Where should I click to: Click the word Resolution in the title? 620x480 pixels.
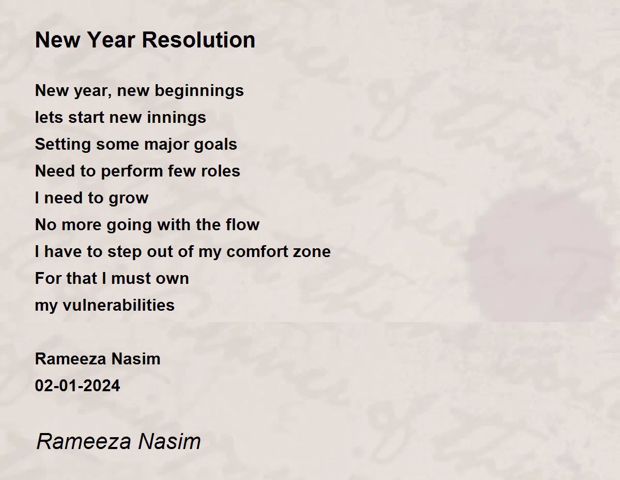tap(198, 40)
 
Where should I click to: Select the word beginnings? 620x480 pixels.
tap(199, 91)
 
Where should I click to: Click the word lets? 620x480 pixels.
tap(49, 117)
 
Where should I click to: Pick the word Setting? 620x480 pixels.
tap(63, 145)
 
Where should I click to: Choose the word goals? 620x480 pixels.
tap(215, 145)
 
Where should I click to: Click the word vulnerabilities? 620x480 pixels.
tap(118, 305)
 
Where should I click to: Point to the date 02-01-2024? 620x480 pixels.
tap(78, 386)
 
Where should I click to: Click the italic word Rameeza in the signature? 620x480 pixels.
tap(84, 441)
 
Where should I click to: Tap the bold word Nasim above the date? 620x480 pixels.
tap(136, 359)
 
